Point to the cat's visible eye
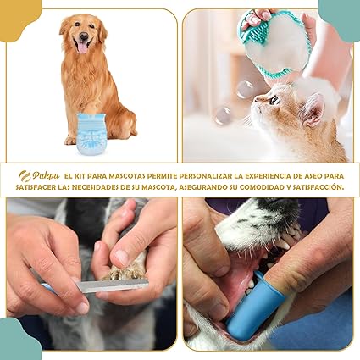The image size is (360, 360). coord(274,100)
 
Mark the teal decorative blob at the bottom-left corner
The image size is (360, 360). coord(17,341)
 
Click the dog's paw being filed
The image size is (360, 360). coord(123,271)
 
